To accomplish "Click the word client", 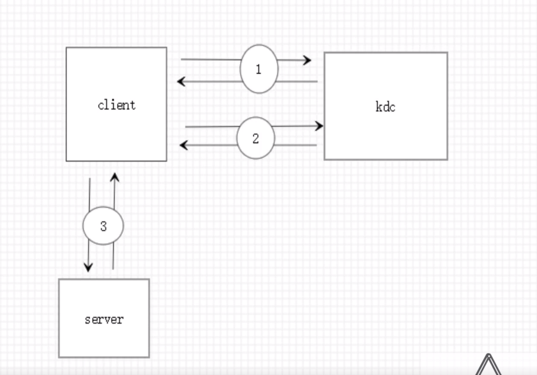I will (x=117, y=105).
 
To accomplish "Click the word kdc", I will (x=385, y=107).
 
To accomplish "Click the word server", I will (x=104, y=319).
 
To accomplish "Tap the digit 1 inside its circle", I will (x=258, y=70).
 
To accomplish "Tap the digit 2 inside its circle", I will (x=255, y=138).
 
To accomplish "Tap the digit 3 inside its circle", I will (x=103, y=226).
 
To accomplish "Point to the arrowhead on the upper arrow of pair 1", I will (x=307, y=60).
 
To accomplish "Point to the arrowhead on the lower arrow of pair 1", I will (x=181, y=81).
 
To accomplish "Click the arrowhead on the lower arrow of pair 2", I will (x=184, y=145).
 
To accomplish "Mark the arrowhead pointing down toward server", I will (x=89, y=266).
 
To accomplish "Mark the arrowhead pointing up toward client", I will (x=114, y=177).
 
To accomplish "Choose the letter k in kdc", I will (x=379, y=107).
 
